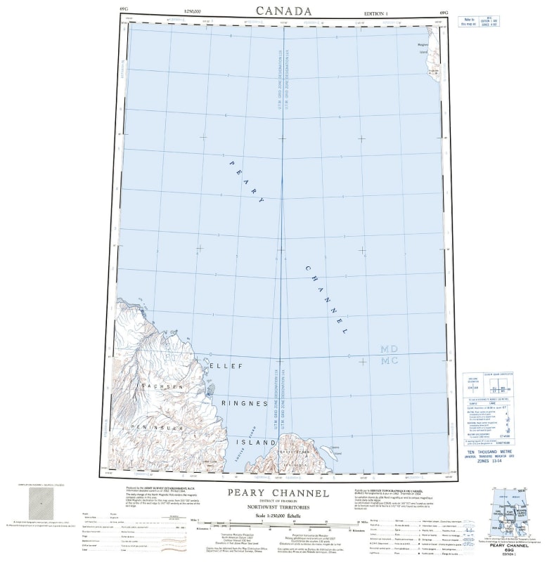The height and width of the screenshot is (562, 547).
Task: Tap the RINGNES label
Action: click(x=245, y=403)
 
